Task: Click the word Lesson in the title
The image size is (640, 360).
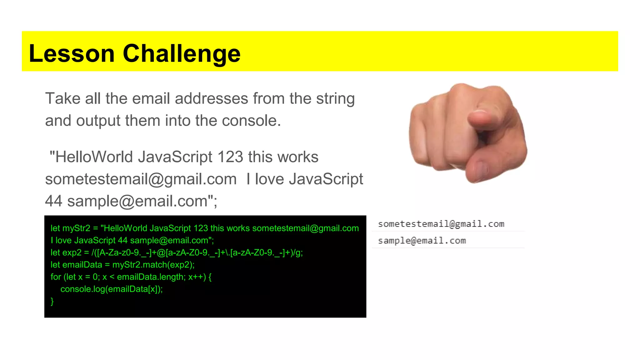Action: pyautogui.click(x=72, y=53)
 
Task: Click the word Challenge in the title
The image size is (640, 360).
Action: pyautogui.click(x=182, y=53)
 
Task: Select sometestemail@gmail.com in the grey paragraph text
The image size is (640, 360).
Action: pyautogui.click(x=141, y=179)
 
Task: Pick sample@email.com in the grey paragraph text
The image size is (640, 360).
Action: pyautogui.click(x=137, y=201)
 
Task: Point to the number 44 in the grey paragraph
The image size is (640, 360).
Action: pyautogui.click(x=53, y=201)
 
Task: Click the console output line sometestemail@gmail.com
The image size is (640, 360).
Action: pyautogui.click(x=441, y=224)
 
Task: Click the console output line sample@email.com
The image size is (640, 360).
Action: pyautogui.click(x=422, y=241)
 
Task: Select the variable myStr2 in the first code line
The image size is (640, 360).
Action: pyautogui.click(x=76, y=228)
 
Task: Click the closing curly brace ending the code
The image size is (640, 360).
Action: pyautogui.click(x=52, y=301)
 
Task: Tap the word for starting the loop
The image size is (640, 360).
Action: pyautogui.click(x=56, y=277)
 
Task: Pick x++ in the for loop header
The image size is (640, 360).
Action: pyautogui.click(x=197, y=277)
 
